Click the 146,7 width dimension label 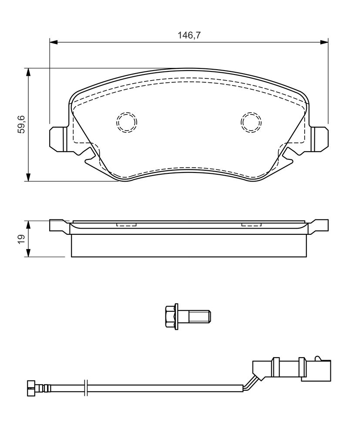point(189,35)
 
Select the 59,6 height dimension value point(22,124)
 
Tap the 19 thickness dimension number point(22,239)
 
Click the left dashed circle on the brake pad point(127,122)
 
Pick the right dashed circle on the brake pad point(251,122)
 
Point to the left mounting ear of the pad point(59,139)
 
